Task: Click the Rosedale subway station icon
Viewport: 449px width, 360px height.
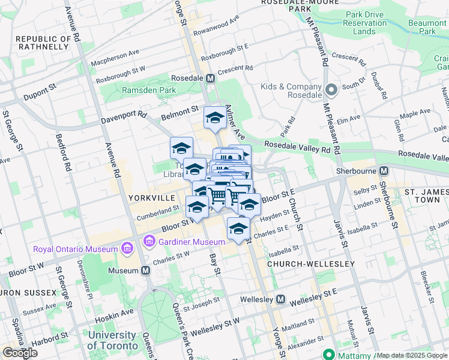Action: pos(210,78)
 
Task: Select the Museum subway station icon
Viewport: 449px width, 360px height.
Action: pos(145,270)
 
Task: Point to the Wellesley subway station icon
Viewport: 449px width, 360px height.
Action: pos(280,299)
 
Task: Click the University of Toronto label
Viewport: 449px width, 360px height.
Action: pos(111,340)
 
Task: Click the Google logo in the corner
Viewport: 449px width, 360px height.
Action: pos(20,353)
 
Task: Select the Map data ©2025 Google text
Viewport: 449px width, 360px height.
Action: pos(412,355)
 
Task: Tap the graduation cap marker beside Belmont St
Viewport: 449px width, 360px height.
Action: pos(214,118)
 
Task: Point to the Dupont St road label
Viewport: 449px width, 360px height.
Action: pos(40,92)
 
